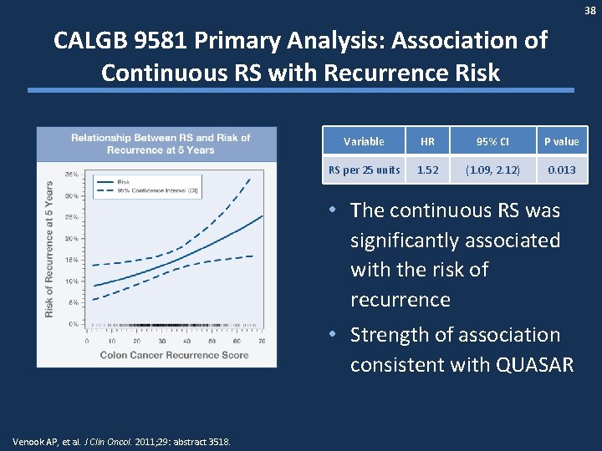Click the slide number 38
click(590, 10)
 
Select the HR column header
click(427, 141)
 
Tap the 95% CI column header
click(493, 141)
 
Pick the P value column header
click(561, 141)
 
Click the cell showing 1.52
click(427, 170)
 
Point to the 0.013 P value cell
click(561, 170)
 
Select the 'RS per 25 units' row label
click(364, 170)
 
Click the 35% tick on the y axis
click(72, 174)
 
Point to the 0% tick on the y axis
click(74, 323)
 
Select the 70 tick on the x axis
click(262, 341)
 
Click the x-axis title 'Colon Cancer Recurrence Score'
click(175, 355)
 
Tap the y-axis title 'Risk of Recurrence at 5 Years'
click(50, 249)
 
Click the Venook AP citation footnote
click(123, 442)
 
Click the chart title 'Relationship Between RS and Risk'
click(161, 144)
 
